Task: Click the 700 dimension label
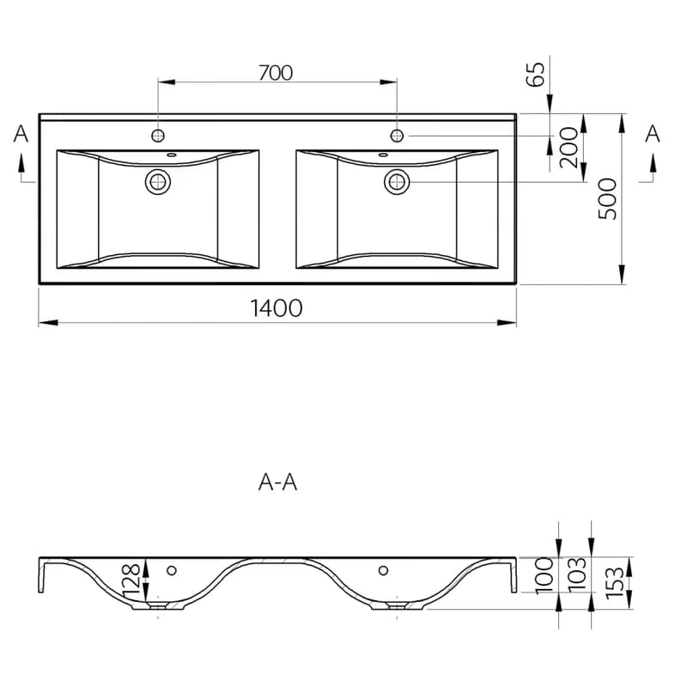[x=276, y=73]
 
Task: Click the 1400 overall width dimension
[x=276, y=308]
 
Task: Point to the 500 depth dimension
[x=607, y=198]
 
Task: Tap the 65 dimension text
[x=535, y=74]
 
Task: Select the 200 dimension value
[x=569, y=147]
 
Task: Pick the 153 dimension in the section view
[x=614, y=582]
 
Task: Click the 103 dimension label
[x=576, y=575]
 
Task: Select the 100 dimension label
[x=544, y=575]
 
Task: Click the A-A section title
[x=277, y=483]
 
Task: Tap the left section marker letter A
[x=21, y=134]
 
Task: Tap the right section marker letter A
[x=653, y=134]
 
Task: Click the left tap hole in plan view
[x=158, y=136]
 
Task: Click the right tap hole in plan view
[x=397, y=136]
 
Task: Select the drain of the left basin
[x=158, y=182]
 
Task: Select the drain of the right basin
[x=397, y=182]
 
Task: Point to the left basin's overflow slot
[x=172, y=155]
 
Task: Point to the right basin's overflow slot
[x=383, y=155]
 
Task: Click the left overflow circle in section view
[x=172, y=570]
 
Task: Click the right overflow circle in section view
[x=383, y=570]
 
